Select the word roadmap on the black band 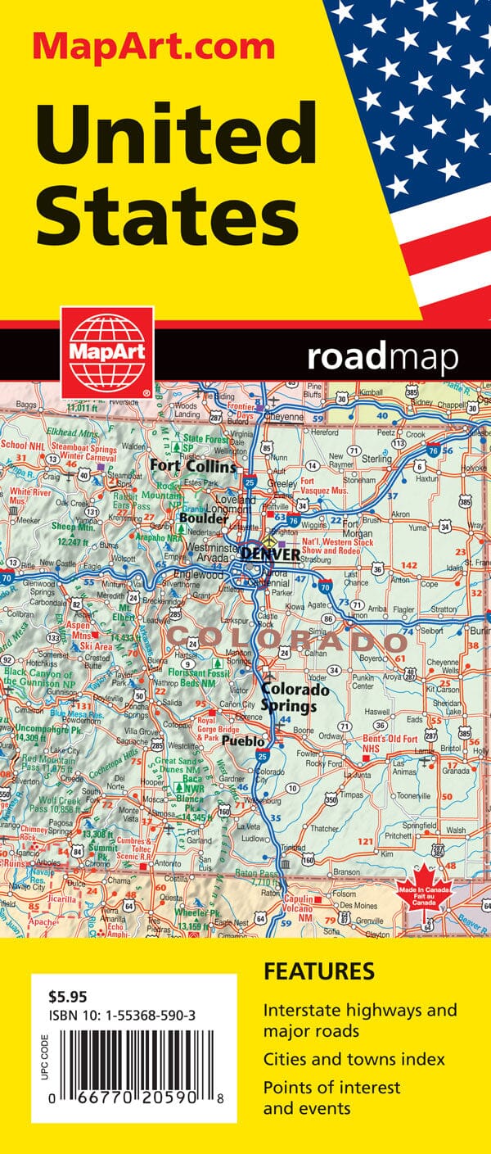pos(382,358)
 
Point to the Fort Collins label pos(193,467)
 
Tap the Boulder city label pos(204,519)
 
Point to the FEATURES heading pos(318,972)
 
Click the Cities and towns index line pos(354,1059)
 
